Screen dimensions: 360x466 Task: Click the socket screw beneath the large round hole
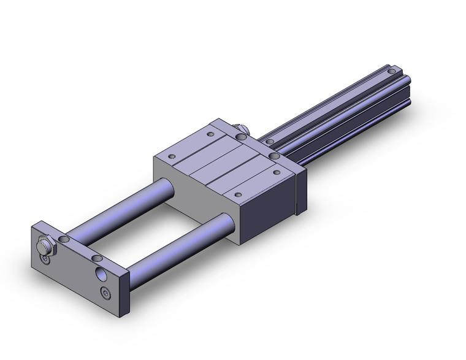[x=107, y=294]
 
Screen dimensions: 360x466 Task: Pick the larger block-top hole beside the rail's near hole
[x=273, y=157]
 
